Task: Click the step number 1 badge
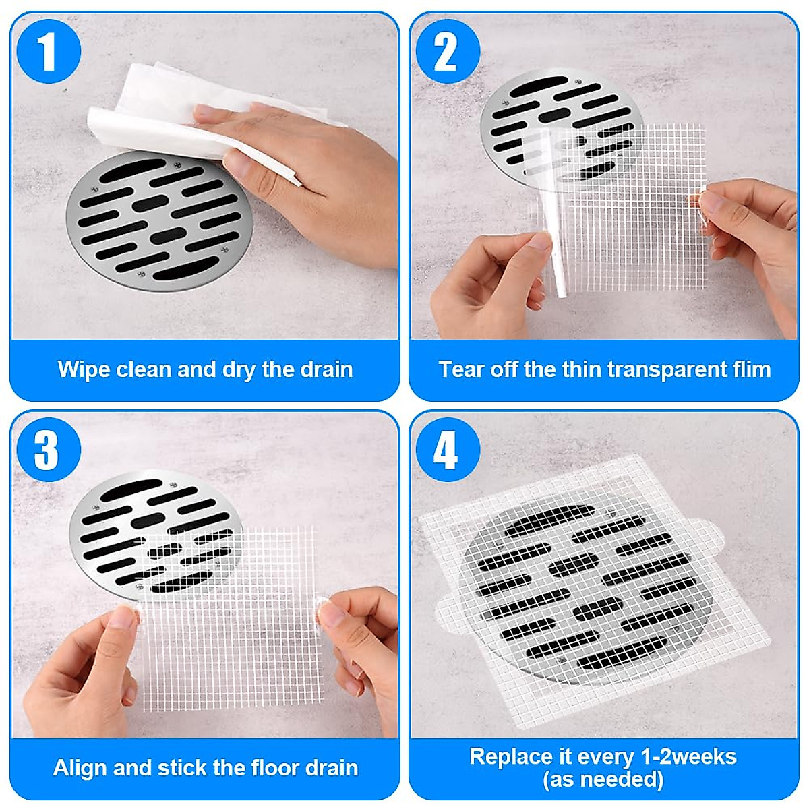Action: click(47, 52)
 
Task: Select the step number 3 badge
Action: click(47, 450)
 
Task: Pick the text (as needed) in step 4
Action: click(603, 780)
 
